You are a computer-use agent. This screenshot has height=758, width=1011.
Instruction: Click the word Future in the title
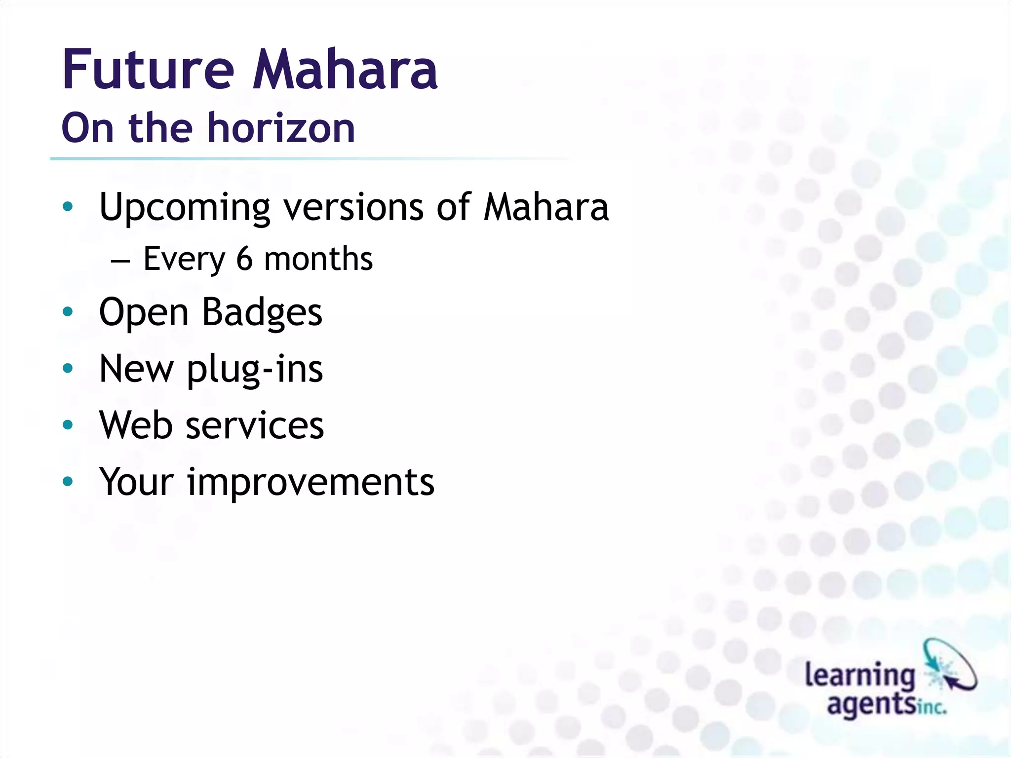147,70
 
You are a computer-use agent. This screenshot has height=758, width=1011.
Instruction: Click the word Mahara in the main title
345,70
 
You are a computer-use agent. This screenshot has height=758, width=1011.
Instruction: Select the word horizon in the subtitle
281,128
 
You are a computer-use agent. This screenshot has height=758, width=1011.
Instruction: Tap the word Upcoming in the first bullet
185,207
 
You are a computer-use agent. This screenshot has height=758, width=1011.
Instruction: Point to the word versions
353,207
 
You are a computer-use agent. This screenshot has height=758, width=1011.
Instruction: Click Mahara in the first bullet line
546,207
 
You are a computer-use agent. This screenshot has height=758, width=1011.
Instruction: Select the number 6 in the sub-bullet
244,259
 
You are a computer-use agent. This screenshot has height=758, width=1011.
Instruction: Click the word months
318,259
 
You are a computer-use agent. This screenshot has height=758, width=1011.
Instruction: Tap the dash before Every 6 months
120,260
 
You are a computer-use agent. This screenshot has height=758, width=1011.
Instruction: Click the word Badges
262,312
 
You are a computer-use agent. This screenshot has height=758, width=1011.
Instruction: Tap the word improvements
311,483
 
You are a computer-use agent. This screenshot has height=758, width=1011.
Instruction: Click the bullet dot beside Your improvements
68,482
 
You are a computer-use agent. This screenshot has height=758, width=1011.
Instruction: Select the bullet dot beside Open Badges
68,312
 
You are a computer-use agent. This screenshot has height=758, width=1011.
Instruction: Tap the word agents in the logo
871,705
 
